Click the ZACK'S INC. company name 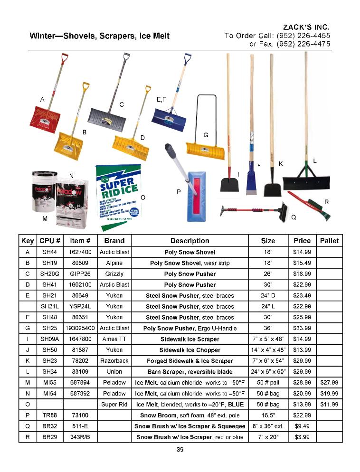(x=306, y=27)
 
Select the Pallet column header (x=329, y=241)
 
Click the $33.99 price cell (x=302, y=328)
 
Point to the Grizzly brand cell (x=114, y=274)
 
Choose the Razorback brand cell (x=114, y=361)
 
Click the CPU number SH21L (x=49, y=306)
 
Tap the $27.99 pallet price (x=329, y=382)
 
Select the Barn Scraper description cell (x=189, y=372)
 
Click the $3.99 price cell (x=302, y=437)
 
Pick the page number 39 (x=180, y=450)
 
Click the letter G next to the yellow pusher (x=206, y=135)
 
